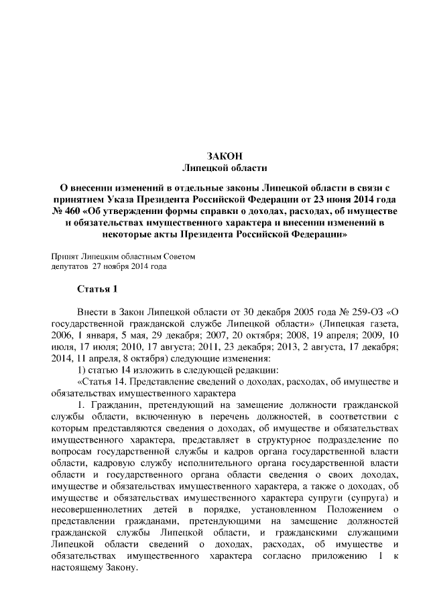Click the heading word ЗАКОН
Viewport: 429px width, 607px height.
point(215,156)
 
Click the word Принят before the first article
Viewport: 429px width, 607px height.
point(64,257)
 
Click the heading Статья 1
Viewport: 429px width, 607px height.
point(98,290)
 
